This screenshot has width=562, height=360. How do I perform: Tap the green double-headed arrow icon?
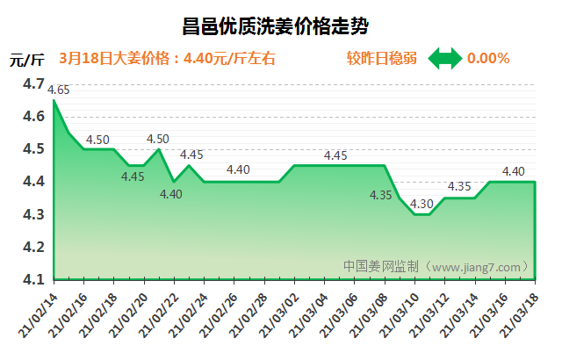[444, 59]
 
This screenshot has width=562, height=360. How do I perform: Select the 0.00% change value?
[488, 59]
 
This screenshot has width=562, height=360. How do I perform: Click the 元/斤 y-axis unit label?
[26, 60]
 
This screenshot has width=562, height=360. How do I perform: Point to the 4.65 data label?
[60, 90]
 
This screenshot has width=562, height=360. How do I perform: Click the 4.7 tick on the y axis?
[34, 83]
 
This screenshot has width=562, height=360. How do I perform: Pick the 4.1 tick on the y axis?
[34, 279]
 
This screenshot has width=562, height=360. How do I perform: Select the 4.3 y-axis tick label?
[34, 214]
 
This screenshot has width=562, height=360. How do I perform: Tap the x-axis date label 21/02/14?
[37, 311]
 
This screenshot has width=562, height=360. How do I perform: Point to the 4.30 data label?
[422, 204]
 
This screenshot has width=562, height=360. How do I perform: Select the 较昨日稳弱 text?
[381, 59]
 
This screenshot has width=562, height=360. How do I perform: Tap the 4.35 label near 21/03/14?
[459, 186]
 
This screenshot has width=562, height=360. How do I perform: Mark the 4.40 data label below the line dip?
[170, 194]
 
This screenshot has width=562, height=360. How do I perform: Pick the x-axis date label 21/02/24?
[187, 311]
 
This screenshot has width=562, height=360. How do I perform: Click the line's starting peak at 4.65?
[54, 100]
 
